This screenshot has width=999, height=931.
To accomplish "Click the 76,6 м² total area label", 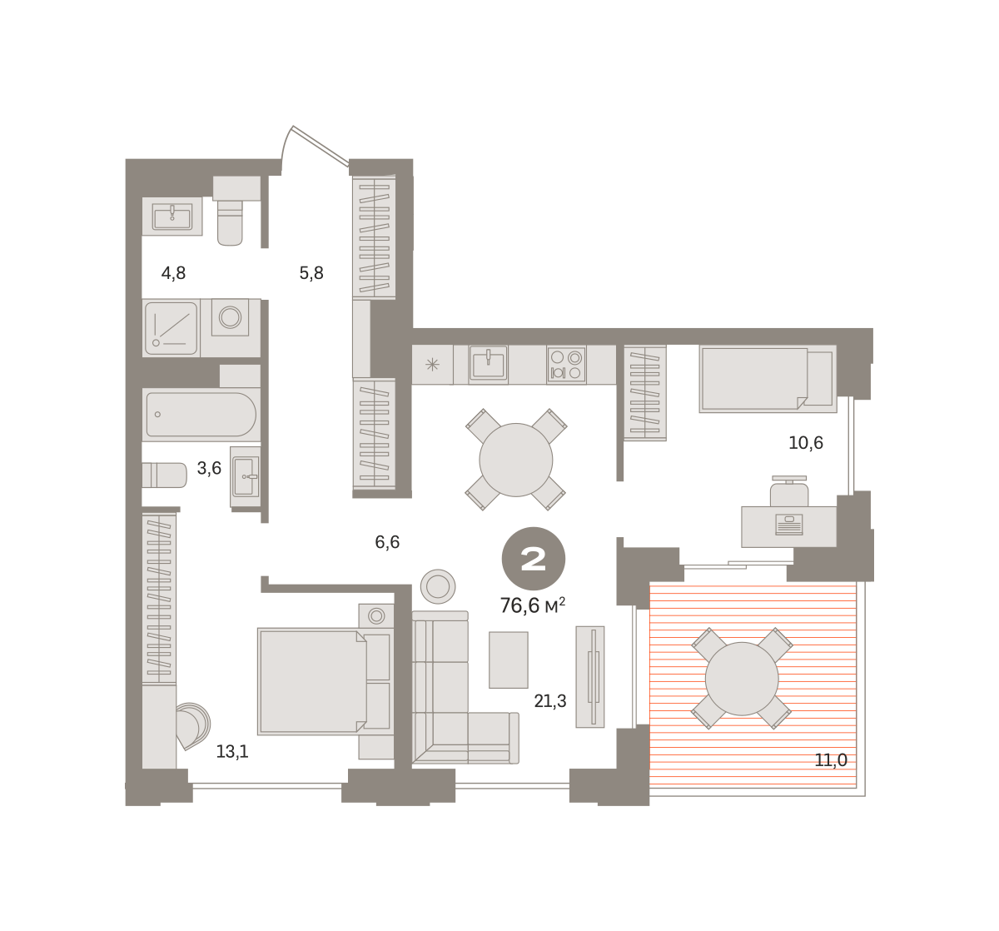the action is coord(532,605).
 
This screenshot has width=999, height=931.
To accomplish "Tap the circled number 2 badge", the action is coord(533,559).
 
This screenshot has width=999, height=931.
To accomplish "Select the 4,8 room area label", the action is coord(173,273).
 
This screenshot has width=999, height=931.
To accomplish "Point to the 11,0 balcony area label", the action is coord(831,760).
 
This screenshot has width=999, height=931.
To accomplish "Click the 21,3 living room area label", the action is coord(549,701).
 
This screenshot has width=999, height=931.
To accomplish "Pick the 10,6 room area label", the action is coord(805,443).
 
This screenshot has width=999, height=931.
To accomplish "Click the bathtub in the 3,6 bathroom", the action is coord(201,414).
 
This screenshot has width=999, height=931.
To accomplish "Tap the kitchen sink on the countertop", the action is coord(488,365).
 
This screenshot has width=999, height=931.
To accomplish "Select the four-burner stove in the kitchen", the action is coord(566,365).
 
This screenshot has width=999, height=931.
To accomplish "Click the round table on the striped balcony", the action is coord(742,679).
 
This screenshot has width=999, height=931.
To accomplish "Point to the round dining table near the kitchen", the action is coord(515,460).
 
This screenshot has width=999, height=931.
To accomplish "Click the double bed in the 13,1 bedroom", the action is coord(325,681).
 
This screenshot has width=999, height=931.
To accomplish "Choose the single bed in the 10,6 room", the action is coord(768,379).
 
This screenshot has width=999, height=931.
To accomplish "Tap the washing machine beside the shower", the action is coord(230,317).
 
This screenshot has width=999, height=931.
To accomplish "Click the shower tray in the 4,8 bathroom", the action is coord(171,328).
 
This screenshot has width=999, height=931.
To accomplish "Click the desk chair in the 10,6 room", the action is coord(789,491).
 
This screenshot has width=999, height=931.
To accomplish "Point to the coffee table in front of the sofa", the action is coord(508,660).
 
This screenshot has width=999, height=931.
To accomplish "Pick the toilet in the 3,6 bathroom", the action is coord(164,475).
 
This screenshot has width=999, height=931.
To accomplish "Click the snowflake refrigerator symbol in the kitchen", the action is coord(432,365).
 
